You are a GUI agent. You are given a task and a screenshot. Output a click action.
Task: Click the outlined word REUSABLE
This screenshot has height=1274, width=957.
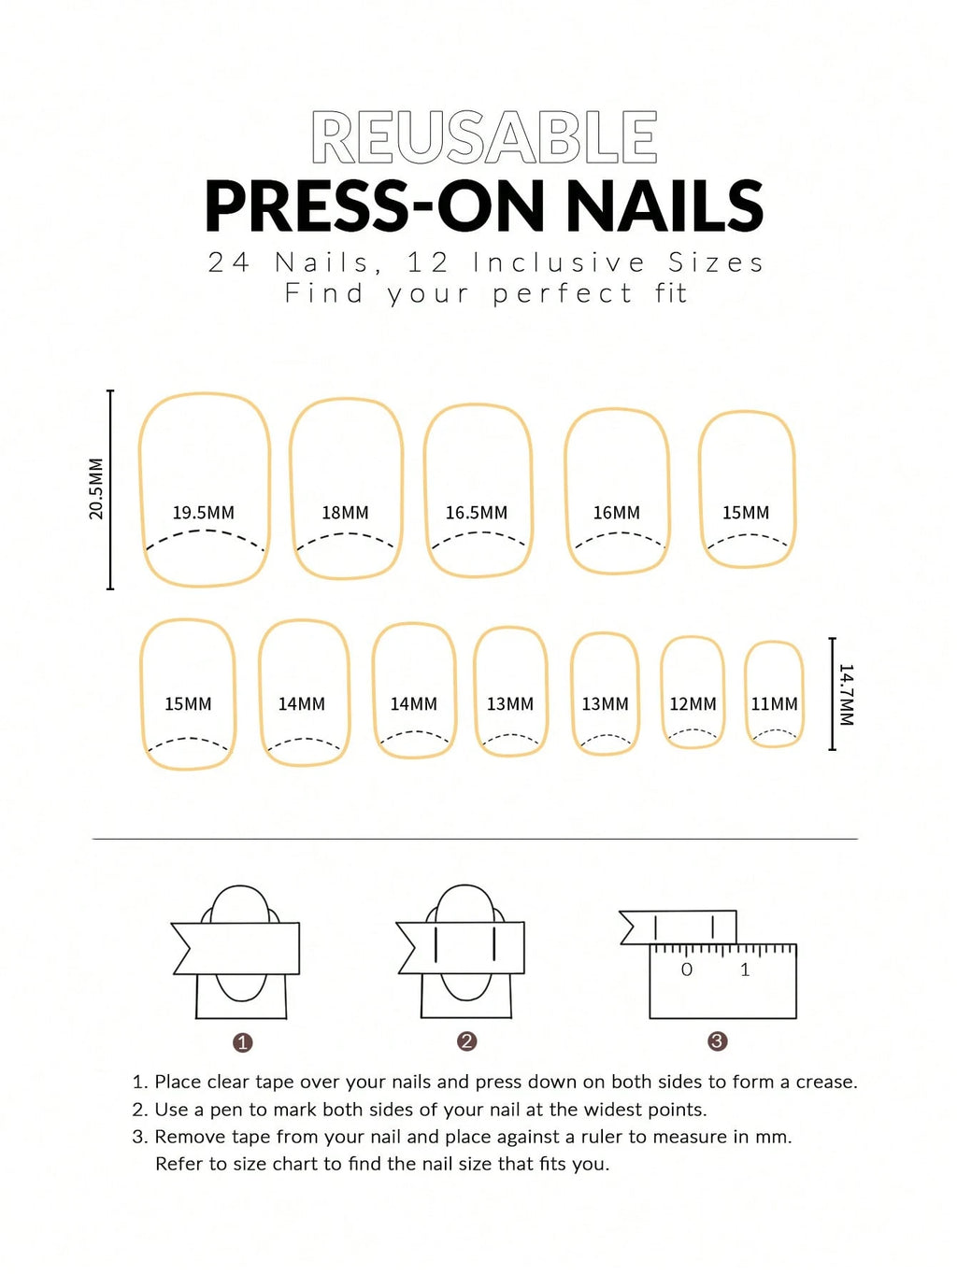coord(484,138)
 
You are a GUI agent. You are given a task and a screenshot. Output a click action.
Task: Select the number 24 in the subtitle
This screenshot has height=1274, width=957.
coord(229,262)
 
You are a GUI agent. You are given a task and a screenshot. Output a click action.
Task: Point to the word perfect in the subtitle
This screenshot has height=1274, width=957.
coord(563,293)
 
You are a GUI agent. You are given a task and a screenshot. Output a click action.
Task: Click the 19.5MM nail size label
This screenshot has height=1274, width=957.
coord(203,513)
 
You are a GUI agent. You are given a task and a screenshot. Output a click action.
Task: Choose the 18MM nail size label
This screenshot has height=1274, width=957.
coord(345,513)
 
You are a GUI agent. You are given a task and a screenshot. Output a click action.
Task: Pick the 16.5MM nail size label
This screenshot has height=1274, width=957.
coord(476,513)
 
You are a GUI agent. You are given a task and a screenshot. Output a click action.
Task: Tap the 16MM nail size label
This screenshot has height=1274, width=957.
coord(616,513)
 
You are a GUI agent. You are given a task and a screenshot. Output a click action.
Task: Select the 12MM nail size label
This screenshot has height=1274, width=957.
coord(693,704)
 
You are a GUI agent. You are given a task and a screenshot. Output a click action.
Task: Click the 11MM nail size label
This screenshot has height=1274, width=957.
coord(774,704)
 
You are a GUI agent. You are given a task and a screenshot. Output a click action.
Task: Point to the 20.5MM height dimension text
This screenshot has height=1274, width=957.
coord(96,488)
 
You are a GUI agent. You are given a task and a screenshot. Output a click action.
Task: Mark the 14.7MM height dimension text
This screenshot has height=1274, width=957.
coord(846,695)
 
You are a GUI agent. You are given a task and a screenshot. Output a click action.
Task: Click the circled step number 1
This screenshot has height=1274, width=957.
coord(243,1042)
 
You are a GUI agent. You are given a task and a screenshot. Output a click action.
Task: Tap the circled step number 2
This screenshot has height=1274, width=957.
coord(467,1041)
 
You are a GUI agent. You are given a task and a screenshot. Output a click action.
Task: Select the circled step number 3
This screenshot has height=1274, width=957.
coord(717,1041)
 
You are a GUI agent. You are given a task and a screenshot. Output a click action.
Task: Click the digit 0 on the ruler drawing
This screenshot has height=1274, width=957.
coord(687,970)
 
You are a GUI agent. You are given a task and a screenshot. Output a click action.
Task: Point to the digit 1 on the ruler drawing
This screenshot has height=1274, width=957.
coord(745,970)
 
